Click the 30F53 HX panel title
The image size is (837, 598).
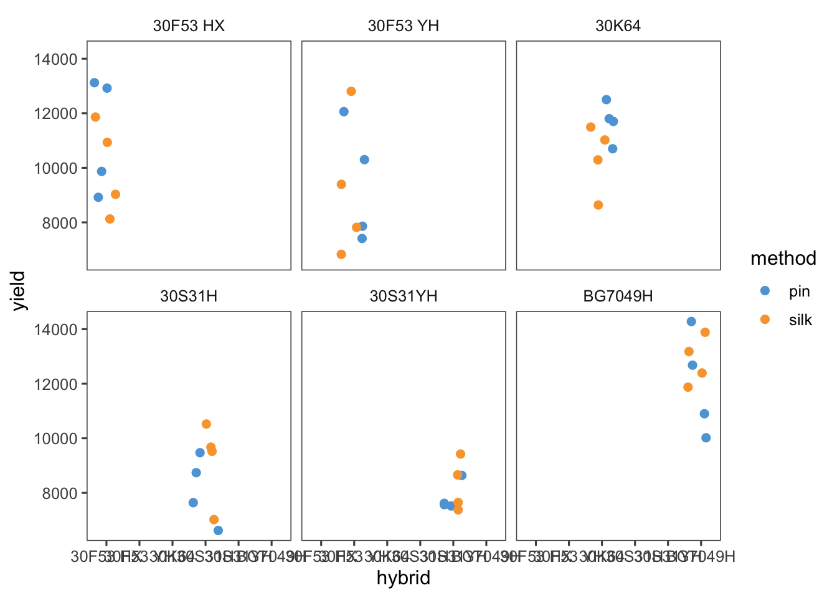(x=189, y=26)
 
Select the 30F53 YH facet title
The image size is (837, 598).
(x=404, y=26)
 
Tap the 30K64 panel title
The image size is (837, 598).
(x=618, y=26)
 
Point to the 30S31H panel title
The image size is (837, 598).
(x=189, y=296)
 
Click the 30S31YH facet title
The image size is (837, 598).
(x=404, y=296)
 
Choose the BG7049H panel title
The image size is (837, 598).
(x=618, y=296)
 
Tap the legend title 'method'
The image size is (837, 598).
(x=783, y=259)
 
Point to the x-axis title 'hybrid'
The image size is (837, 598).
(x=404, y=579)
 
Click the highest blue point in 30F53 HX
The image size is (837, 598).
(x=94, y=83)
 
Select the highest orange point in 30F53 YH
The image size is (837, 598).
(x=351, y=92)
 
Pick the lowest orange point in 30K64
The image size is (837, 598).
(x=598, y=205)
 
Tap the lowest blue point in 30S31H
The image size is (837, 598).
(x=218, y=531)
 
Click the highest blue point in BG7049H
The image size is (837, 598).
(x=691, y=321)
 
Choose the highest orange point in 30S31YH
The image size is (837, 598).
(x=460, y=454)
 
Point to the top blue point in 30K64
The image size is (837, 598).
(x=606, y=100)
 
